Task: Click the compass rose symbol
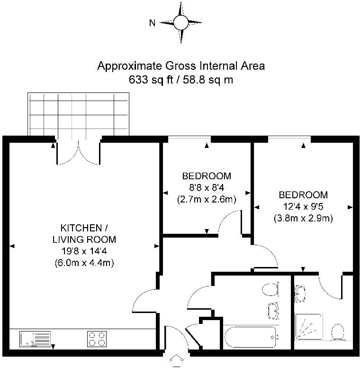pos(181,22)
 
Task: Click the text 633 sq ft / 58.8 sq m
pos(181,80)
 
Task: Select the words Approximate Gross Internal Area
pos(181,65)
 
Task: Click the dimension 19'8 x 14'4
pos(84,251)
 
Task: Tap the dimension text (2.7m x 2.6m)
pos(207,199)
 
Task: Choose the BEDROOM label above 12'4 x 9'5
pos(303,195)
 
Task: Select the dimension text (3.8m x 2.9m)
pos(303,219)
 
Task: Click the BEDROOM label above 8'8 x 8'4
pos(207,176)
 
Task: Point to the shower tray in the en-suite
pos(308,328)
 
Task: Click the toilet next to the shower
pos(338,332)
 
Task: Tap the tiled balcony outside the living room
pos(78,114)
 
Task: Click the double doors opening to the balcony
pos(79,152)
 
